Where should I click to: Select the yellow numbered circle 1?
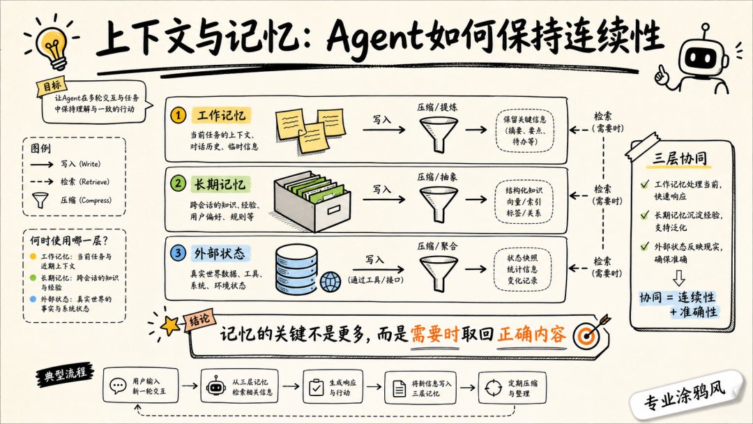(178, 115)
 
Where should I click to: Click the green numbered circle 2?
(178, 183)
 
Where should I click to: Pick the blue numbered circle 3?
(178, 252)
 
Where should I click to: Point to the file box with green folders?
(312, 202)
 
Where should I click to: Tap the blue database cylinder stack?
(296, 269)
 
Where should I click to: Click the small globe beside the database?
(330, 282)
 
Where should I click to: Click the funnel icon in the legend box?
(40, 199)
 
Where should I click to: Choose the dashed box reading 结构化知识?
(523, 202)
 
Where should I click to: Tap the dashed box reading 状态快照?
(522, 269)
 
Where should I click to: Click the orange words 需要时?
(434, 334)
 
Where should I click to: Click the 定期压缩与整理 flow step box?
(512, 388)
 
